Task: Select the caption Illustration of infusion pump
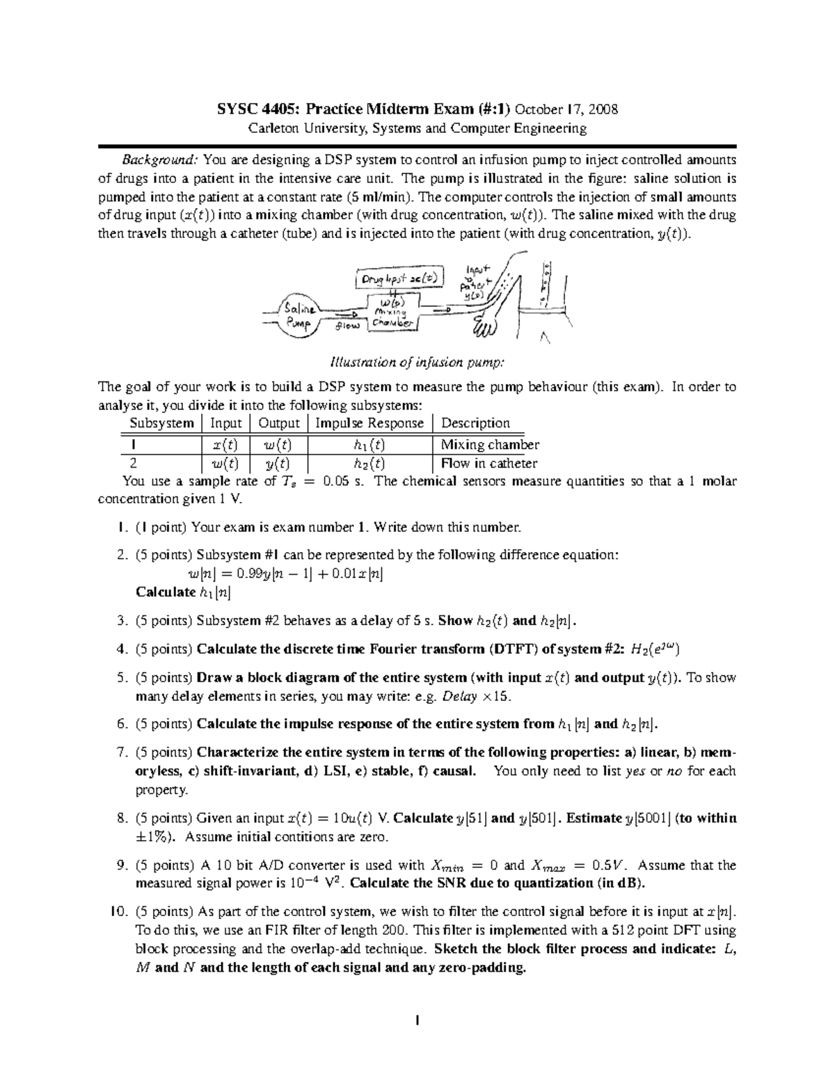tap(417, 362)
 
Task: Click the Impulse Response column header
tap(369, 423)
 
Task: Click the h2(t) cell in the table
tap(369, 464)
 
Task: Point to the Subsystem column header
tap(161, 423)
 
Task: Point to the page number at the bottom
tap(417, 1021)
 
